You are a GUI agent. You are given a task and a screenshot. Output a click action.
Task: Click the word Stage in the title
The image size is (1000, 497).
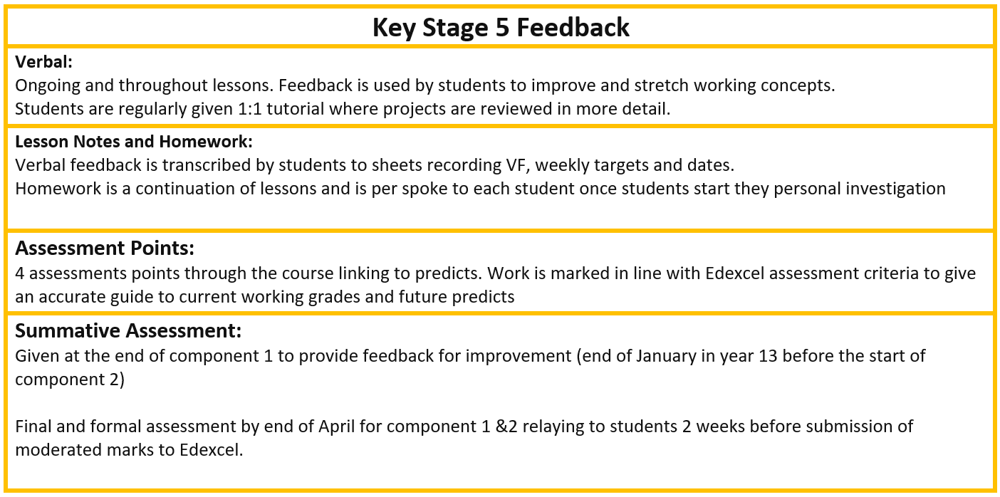coord(455,28)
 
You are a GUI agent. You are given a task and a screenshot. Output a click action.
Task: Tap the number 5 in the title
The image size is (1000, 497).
coord(502,27)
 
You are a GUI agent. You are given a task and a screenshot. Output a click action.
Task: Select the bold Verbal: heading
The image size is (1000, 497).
coord(43,62)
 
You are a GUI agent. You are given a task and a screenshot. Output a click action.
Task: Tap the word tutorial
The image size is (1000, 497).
coord(296,109)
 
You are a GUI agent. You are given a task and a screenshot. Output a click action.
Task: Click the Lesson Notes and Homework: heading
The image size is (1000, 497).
coord(134,142)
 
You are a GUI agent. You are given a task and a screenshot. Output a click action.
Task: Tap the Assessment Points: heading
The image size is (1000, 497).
coord(105,248)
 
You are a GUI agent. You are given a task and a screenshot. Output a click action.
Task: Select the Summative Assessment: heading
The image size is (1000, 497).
coord(128,330)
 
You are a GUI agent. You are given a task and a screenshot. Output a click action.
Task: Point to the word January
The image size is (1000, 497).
coord(666,357)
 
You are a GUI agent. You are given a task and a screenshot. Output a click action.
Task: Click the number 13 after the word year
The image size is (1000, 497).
coord(768,357)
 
